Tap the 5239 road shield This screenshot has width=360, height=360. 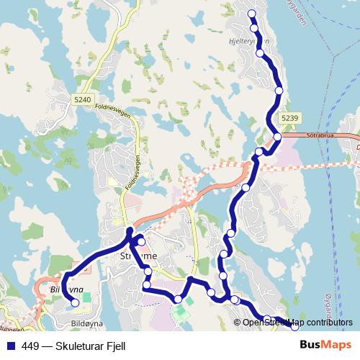289,117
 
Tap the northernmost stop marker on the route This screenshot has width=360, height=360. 251,14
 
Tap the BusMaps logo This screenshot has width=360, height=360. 325,345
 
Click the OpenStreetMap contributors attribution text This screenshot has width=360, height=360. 297,322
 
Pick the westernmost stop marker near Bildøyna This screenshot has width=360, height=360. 76,302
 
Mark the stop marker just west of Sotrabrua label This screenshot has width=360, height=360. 277,137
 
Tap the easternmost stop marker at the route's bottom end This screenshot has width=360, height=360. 294,328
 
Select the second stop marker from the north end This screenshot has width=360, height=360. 254,28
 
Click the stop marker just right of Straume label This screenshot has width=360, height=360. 141,240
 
